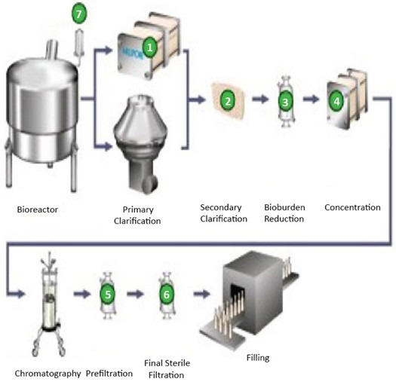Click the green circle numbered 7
[x=79, y=14]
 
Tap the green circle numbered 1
[x=149, y=47]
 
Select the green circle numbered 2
[x=228, y=101]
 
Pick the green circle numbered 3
[x=285, y=102]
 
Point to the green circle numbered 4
[x=336, y=101]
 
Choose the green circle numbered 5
[x=108, y=294]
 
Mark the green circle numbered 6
[x=167, y=294]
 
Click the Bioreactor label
[x=38, y=209]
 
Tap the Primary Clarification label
[x=137, y=215]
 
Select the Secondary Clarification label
[x=223, y=213]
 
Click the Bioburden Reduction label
[x=284, y=213]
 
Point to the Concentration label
[x=352, y=207]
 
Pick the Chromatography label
[x=48, y=374]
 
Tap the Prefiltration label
[x=109, y=374]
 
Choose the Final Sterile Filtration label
[x=167, y=369]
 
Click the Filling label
[x=258, y=358]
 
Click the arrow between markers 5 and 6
[x=135, y=294]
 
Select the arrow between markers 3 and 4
[x=311, y=99]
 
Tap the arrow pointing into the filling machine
[x=201, y=294]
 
